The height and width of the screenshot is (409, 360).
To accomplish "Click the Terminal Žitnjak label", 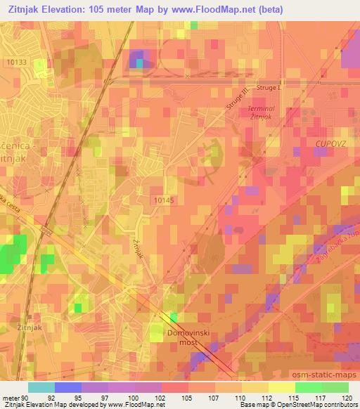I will tap(263, 113).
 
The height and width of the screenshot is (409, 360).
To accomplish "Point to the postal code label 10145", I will tap(163, 200).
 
